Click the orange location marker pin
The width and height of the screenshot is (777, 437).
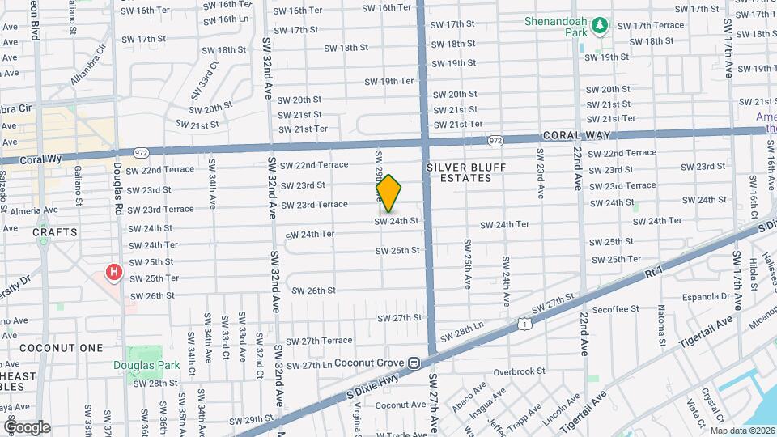[388, 193]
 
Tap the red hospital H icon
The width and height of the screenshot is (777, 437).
[114, 272]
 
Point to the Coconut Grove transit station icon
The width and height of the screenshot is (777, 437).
[413, 363]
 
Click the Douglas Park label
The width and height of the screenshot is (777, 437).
[146, 365]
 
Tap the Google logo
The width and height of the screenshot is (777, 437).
[27, 426]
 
